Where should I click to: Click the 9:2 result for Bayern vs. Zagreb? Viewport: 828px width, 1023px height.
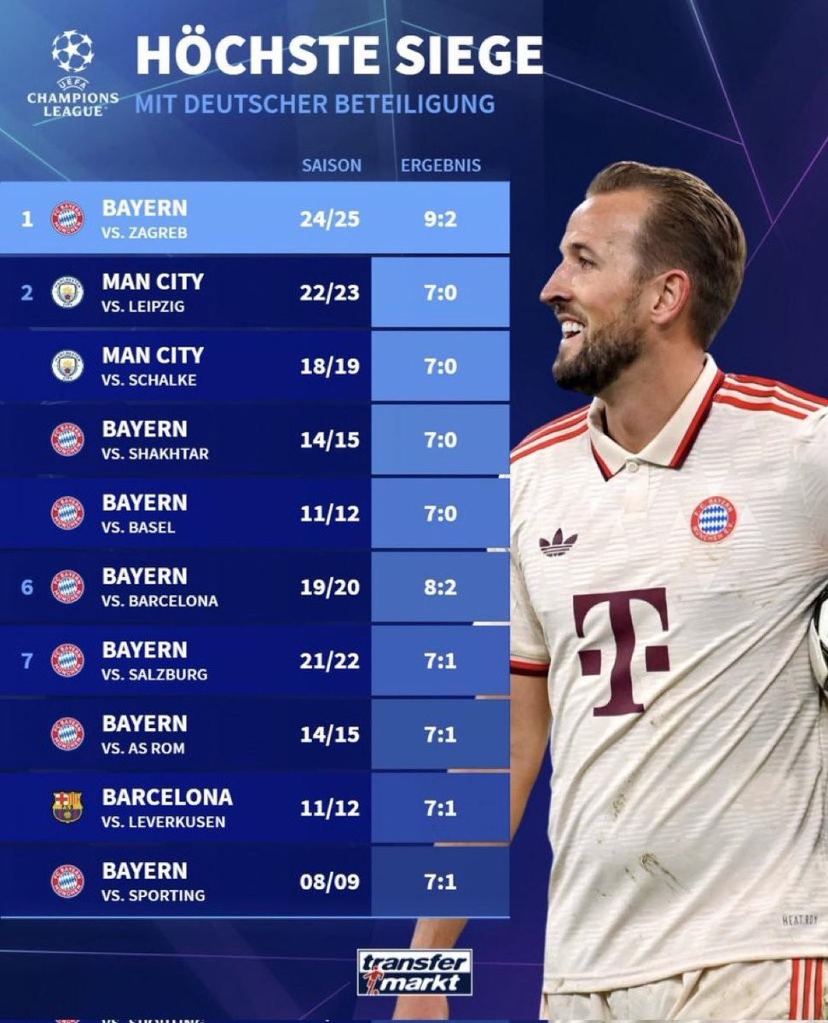coord(441,219)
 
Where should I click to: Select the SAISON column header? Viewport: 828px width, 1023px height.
coord(331,165)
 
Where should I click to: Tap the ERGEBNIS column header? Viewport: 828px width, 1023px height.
coord(441,165)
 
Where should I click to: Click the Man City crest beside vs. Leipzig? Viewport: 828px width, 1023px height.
coord(67,292)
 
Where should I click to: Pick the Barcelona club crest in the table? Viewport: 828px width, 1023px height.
coord(67,806)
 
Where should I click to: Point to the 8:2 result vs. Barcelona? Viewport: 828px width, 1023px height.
coord(441,587)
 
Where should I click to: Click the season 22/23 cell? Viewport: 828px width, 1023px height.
coord(329,292)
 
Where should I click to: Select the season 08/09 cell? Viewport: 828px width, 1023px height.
coord(329,881)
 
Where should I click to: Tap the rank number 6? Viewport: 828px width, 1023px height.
coord(27,587)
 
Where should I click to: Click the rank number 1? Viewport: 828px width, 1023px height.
coord(27,219)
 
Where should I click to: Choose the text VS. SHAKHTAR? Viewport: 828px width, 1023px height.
coord(155,454)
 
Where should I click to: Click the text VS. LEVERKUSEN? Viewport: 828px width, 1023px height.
coord(164,822)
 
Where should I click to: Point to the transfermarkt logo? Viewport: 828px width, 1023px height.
coord(415,973)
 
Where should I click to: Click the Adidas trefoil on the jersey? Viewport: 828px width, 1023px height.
coord(558,542)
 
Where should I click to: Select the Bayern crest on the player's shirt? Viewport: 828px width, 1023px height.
coord(714,518)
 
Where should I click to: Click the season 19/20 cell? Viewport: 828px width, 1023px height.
coord(329,587)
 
